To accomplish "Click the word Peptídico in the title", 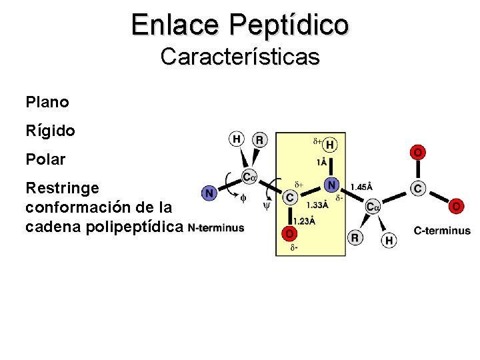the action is [x=289, y=25].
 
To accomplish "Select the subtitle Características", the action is [x=240, y=57].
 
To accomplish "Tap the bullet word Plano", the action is [x=47, y=103].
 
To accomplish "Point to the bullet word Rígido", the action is [x=50, y=131].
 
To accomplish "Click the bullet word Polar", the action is [x=45, y=160].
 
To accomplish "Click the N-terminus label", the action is [x=215, y=228].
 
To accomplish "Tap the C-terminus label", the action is [x=442, y=231].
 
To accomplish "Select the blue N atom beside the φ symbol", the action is [x=209, y=193].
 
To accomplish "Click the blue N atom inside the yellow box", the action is [x=331, y=183].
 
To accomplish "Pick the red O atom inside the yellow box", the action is [x=289, y=233].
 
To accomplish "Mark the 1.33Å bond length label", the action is [x=317, y=205].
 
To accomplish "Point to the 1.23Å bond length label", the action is [x=304, y=221].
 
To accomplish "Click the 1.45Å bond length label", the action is [x=361, y=187].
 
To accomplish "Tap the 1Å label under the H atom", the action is [x=323, y=162].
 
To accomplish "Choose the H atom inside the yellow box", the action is [x=330, y=145].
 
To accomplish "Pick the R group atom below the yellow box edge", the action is [x=355, y=237].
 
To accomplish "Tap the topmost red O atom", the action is [x=417, y=153].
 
